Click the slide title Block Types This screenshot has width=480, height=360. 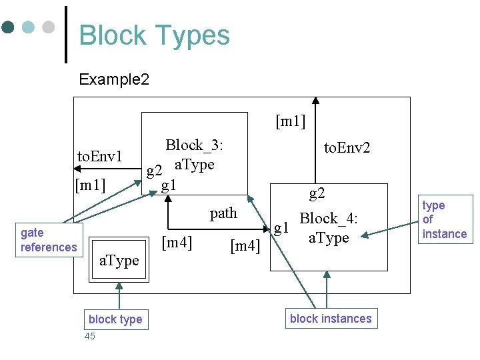[154, 35]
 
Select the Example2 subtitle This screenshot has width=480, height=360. [114, 80]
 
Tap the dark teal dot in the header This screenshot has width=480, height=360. [9, 27]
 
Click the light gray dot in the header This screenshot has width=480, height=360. [48, 27]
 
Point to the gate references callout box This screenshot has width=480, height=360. [49, 240]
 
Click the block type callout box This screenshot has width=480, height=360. [115, 319]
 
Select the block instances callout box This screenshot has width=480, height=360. [331, 319]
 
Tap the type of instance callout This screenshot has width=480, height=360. [444, 219]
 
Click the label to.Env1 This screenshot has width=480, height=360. [100, 157]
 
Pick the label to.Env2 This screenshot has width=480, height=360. [347, 148]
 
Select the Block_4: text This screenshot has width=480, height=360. [329, 219]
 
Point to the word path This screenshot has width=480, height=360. [223, 213]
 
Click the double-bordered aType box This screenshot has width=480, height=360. [119, 259]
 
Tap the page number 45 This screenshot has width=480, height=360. [90, 336]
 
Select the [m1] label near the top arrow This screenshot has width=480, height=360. [291, 121]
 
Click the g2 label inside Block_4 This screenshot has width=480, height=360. [317, 194]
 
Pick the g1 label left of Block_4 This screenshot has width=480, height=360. [281, 229]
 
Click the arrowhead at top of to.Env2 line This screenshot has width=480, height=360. [315, 101]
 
